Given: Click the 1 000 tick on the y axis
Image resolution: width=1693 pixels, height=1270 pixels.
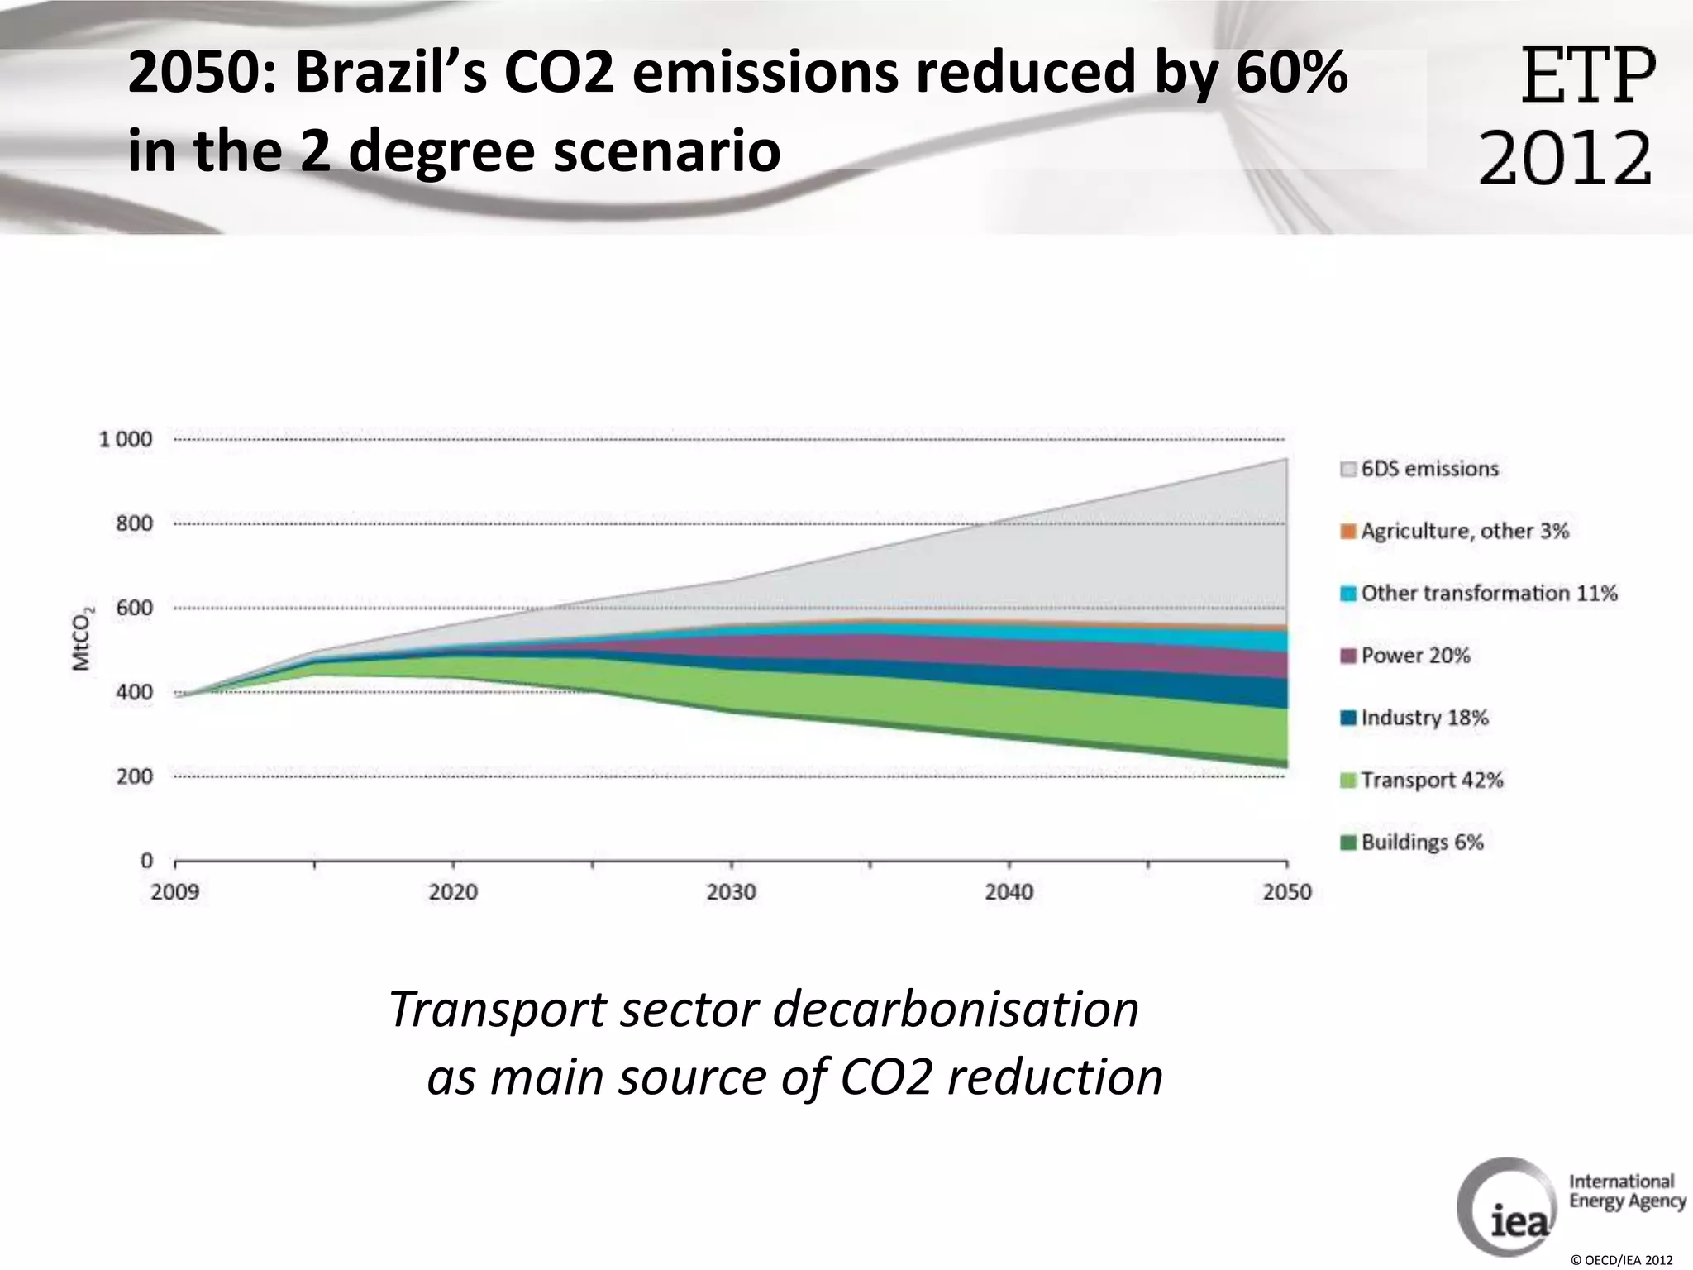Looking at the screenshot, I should [126, 439].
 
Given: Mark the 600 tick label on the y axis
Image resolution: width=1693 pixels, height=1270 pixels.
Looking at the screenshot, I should [134, 608].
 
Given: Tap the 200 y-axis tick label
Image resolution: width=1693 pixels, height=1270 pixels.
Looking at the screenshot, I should [134, 776].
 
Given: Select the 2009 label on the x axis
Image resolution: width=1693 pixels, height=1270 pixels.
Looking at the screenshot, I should [175, 892].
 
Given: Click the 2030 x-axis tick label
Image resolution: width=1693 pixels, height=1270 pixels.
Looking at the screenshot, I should [731, 892].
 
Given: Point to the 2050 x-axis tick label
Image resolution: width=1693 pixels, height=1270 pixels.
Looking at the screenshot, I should [1286, 892].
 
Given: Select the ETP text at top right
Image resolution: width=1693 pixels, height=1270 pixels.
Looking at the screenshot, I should [1588, 76].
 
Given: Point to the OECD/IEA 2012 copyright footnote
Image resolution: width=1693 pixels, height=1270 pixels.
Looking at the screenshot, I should [1621, 1260].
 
